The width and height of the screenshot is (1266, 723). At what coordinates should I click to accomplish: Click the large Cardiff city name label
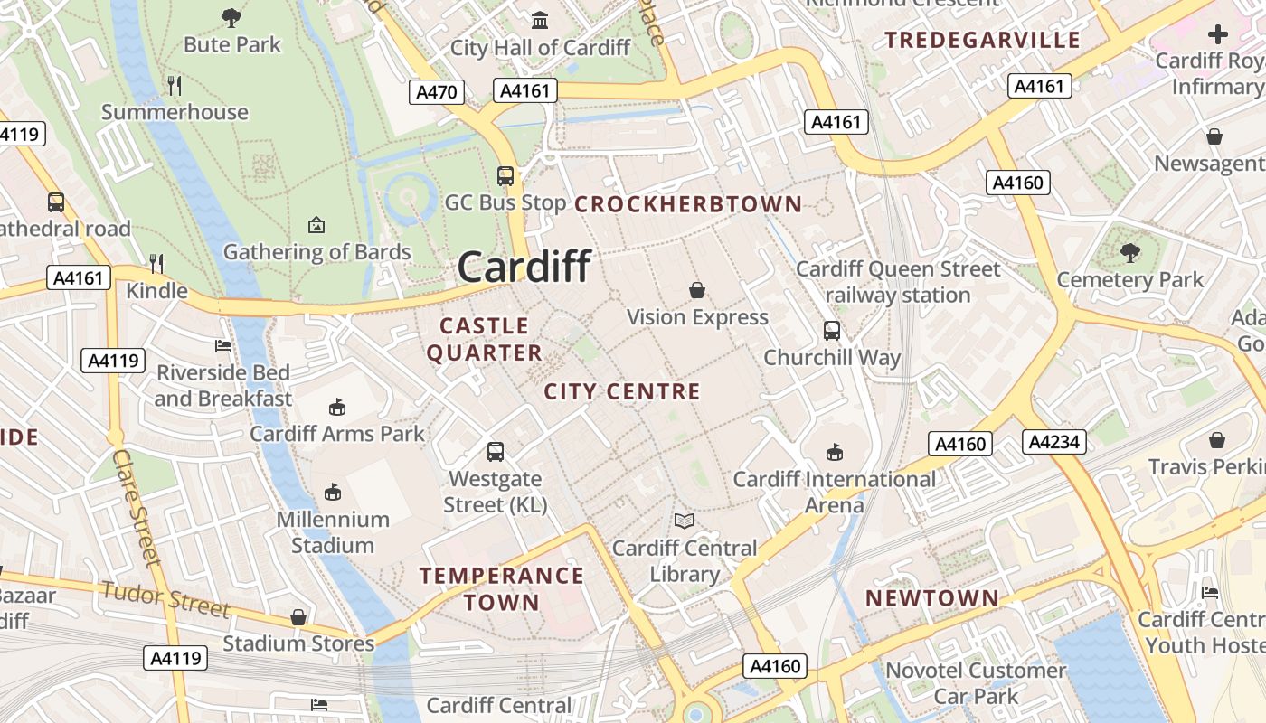[524, 267]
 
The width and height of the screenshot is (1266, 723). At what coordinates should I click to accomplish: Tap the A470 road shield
[437, 92]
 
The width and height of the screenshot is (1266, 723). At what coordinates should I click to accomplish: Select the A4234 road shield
[1054, 441]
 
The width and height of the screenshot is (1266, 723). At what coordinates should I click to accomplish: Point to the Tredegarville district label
[982, 40]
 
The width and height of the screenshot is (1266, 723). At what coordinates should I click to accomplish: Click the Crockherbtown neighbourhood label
[688, 204]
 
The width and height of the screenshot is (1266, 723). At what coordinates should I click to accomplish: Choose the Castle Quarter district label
[485, 339]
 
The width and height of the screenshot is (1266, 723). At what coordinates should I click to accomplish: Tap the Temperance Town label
[502, 588]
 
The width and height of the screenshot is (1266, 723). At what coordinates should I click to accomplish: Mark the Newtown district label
[932, 598]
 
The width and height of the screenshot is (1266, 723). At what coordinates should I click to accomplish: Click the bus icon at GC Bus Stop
[505, 175]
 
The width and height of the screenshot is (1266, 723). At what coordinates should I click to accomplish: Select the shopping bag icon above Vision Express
[697, 290]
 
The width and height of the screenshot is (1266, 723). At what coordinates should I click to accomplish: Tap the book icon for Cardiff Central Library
[685, 521]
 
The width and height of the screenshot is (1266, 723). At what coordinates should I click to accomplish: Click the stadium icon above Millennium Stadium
[333, 492]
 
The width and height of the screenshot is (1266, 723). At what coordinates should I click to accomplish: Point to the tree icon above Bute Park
[231, 16]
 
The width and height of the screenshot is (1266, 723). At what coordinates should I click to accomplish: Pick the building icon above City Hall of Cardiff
[540, 20]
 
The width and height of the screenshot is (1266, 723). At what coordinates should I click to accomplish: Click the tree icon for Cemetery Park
[1129, 252]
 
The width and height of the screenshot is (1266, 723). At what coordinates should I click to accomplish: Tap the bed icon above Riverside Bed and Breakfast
[223, 345]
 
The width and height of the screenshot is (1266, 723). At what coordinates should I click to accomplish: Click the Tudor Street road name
[165, 599]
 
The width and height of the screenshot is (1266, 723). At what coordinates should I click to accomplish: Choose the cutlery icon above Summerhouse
[175, 85]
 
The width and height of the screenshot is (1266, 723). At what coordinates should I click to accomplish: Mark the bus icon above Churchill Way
[832, 331]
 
